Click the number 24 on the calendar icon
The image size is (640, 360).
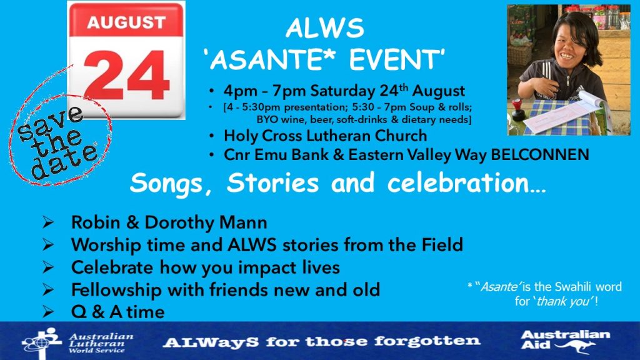click(x=126, y=75)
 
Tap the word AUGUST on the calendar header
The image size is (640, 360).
click(x=126, y=22)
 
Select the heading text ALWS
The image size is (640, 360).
click(x=325, y=28)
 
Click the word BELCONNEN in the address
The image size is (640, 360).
click(x=539, y=155)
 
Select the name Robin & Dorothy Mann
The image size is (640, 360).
click(x=169, y=222)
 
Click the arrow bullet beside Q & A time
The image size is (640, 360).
click(x=48, y=312)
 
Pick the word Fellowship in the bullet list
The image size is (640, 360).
click(x=116, y=290)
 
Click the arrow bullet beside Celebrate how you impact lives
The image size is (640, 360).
click(x=48, y=267)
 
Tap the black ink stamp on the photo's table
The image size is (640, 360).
click(x=518, y=109)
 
